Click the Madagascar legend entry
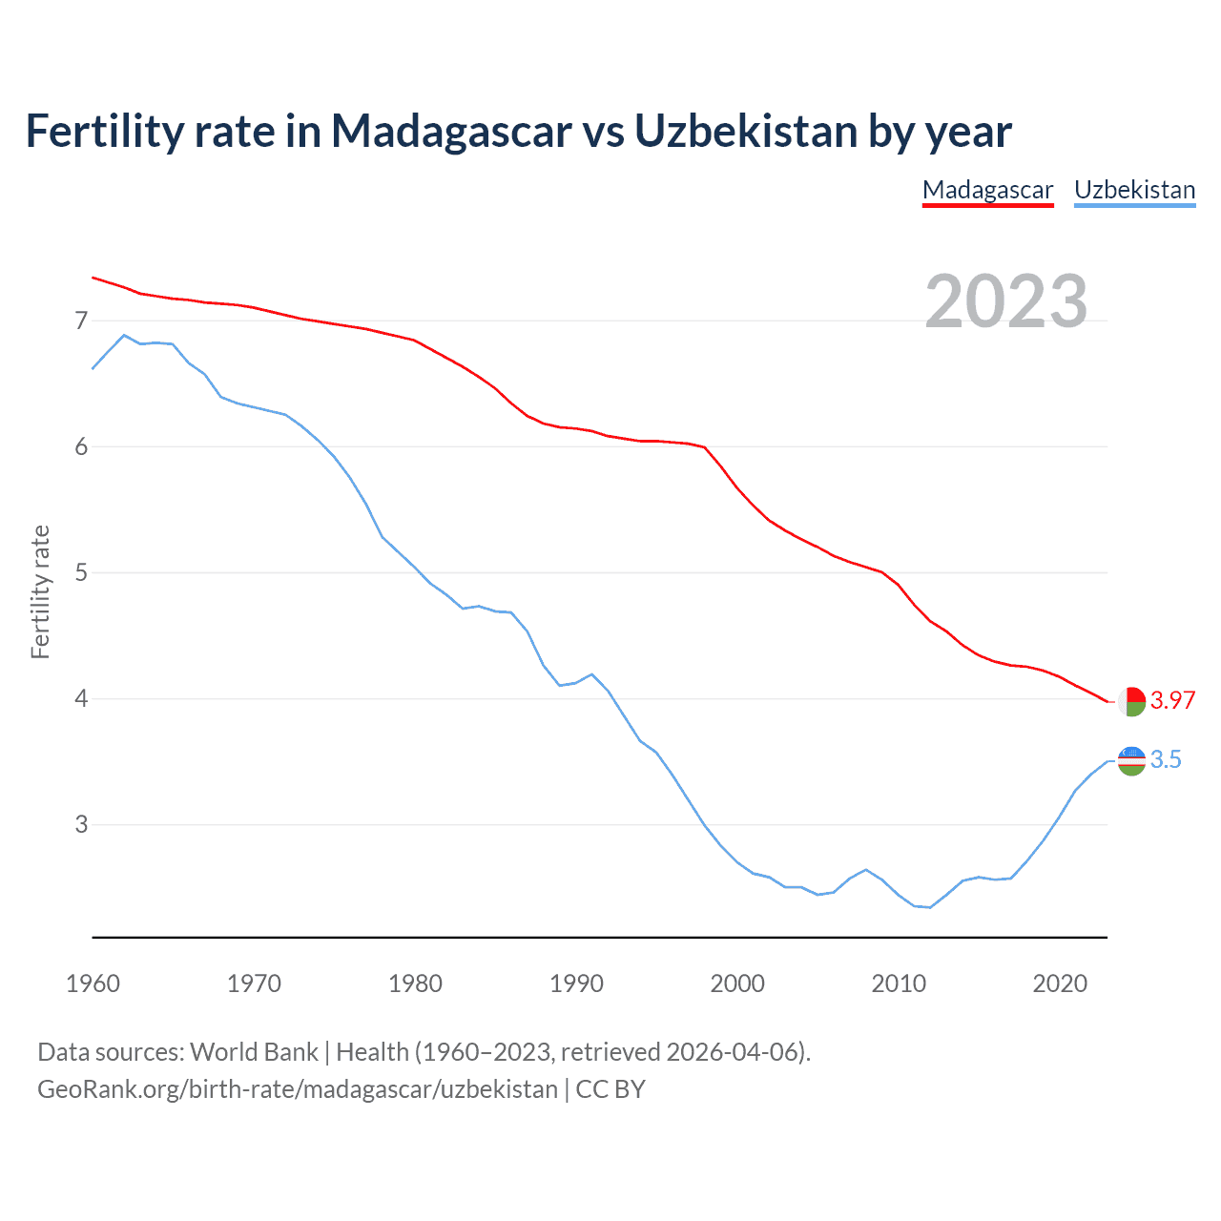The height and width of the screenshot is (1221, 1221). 987,190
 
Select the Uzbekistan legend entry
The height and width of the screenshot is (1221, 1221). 1134,190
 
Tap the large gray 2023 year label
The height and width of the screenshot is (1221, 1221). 1006,301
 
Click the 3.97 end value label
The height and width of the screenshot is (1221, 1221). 1172,700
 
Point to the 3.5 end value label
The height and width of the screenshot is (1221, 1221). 1166,759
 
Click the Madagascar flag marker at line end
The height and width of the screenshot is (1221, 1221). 1131,701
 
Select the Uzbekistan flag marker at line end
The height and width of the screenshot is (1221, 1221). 1131,760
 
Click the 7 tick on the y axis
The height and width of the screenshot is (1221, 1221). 81,321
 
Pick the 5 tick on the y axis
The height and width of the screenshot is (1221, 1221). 81,572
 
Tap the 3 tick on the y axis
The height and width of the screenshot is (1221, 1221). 81,824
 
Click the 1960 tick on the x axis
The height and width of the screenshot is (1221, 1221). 93,983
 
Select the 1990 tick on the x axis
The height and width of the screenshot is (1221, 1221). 576,983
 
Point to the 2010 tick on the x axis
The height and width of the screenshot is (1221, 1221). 899,983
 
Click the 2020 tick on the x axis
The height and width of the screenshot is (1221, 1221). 1060,983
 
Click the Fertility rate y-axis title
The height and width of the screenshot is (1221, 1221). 40,591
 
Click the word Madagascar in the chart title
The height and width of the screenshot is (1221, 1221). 450,131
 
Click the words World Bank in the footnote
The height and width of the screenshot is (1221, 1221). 254,1051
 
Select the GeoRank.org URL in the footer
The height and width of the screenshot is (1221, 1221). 297,1088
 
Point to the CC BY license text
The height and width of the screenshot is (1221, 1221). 610,1088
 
